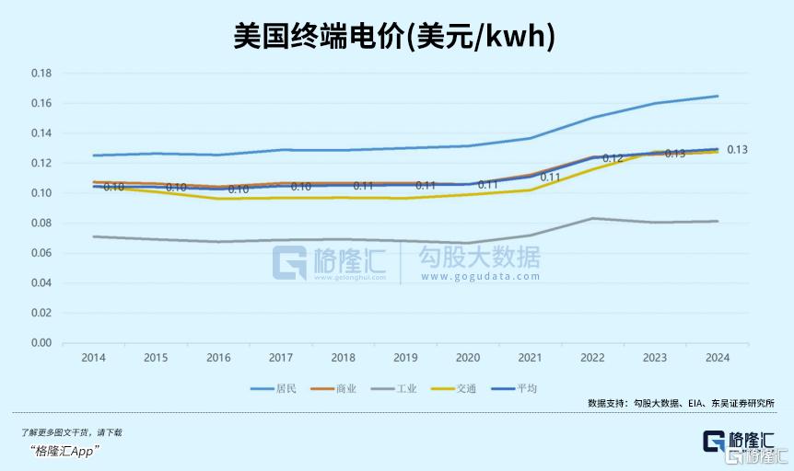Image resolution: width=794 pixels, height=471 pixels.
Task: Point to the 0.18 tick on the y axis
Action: (x=41, y=73)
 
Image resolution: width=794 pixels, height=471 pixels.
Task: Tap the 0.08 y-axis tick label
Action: (x=41, y=223)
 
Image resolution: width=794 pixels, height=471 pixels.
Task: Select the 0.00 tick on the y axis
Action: (x=41, y=343)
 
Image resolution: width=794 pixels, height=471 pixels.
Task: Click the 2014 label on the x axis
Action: (x=92, y=357)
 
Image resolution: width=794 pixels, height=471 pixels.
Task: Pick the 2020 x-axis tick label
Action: (x=468, y=357)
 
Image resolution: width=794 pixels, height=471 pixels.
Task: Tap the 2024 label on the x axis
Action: (x=718, y=357)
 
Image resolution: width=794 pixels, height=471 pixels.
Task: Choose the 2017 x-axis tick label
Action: (x=280, y=357)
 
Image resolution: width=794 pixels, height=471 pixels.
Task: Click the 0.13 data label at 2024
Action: (x=737, y=149)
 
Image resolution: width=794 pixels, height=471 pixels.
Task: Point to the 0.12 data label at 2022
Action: (x=613, y=158)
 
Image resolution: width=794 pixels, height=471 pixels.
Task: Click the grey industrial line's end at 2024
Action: (x=718, y=221)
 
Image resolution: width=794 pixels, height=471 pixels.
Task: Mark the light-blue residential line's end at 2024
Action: (x=718, y=96)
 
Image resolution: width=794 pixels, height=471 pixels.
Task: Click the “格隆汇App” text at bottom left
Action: (x=64, y=450)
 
